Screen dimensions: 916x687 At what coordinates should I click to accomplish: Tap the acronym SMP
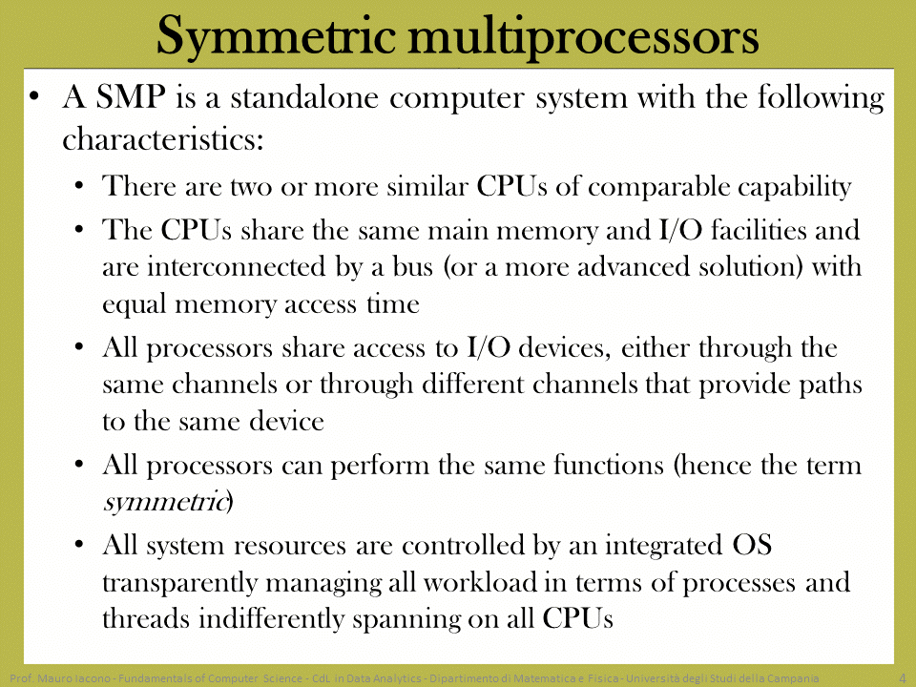131,96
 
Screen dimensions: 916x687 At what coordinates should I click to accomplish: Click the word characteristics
163,139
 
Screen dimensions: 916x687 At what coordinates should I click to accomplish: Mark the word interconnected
237,267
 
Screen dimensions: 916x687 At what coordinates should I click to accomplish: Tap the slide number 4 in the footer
902,678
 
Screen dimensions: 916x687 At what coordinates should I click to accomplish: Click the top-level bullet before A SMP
35,97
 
